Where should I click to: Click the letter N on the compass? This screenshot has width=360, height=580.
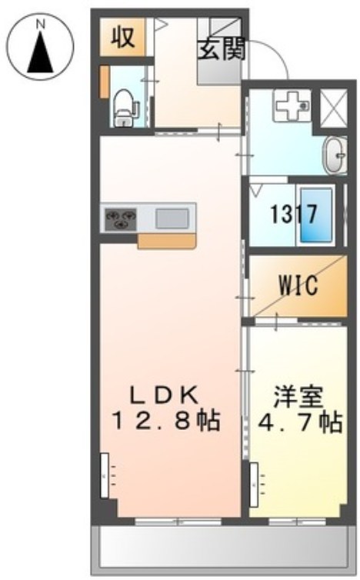click(x=42, y=24)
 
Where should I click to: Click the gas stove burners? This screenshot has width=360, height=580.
click(x=120, y=218)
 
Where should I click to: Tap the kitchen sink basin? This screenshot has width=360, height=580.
click(x=171, y=218)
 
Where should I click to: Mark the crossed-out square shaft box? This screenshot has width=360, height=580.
click(x=333, y=106)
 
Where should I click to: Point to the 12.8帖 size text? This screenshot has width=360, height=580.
click(x=166, y=421)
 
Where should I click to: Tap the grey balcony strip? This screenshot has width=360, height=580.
click(x=223, y=551)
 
